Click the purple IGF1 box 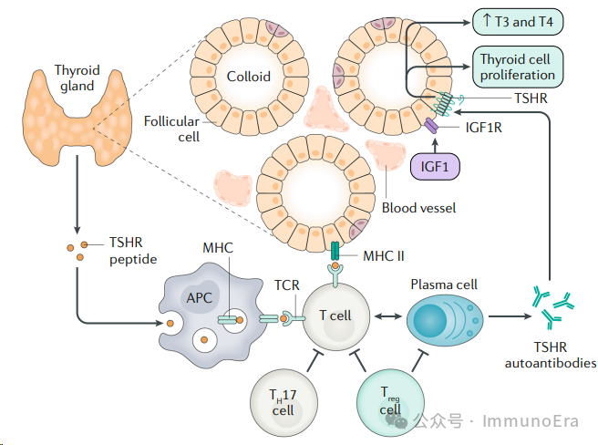(435, 166)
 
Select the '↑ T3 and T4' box (518, 21)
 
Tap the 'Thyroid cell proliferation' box (518, 67)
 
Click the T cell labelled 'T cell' (335, 316)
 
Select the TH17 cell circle (284, 402)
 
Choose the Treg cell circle (390, 402)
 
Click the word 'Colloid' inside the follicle (249, 77)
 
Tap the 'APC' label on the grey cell (199, 297)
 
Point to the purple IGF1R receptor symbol (431, 126)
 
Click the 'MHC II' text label (383, 255)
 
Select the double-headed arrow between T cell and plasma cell (387, 316)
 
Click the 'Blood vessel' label (418, 208)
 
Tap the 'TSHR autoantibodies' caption (551, 355)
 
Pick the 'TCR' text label (287, 285)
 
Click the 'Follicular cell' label (171, 129)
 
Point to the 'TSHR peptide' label (133, 251)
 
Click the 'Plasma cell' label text (444, 285)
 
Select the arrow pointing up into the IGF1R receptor (435, 145)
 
